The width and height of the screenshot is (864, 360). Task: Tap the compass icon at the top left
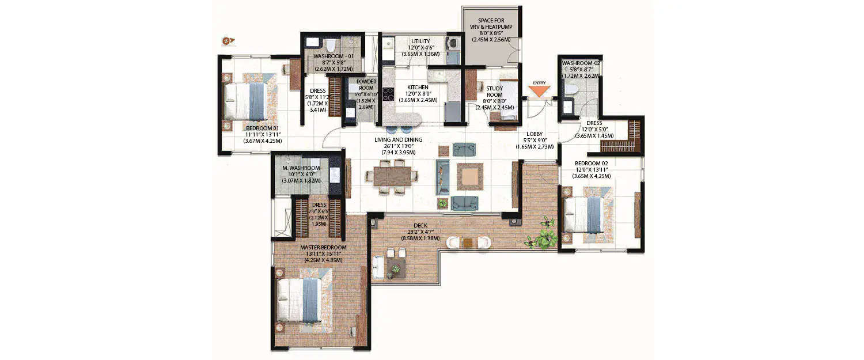coord(229,41)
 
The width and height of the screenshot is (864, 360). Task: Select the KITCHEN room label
coord(418,88)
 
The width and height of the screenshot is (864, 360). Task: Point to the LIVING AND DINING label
coord(398,139)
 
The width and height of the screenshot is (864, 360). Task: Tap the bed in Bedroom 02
coord(584,214)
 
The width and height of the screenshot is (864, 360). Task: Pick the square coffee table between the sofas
coord(469,176)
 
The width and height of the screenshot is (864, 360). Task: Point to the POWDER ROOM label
coord(366,85)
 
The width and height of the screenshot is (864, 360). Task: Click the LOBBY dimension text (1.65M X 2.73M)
coord(535,147)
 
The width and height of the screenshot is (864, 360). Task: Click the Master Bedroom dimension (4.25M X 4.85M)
coord(323,260)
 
